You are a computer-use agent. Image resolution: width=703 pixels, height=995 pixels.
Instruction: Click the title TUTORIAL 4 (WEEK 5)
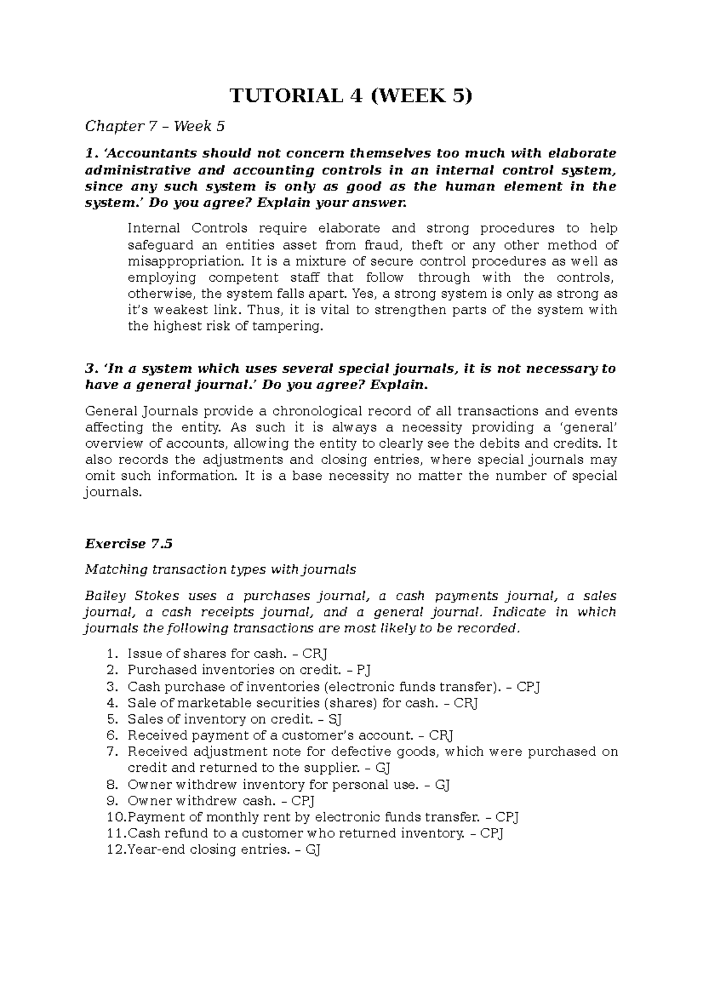pos(350,96)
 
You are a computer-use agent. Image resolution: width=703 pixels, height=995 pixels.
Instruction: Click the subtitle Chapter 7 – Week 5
pos(155,126)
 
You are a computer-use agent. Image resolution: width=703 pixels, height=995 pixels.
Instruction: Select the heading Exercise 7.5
pos(129,544)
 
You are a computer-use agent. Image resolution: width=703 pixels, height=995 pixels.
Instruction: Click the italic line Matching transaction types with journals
pos(220,570)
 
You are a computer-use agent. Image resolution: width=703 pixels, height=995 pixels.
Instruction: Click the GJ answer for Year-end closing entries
pos(313,850)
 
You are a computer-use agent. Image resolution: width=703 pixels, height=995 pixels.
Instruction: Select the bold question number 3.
pos(90,369)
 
